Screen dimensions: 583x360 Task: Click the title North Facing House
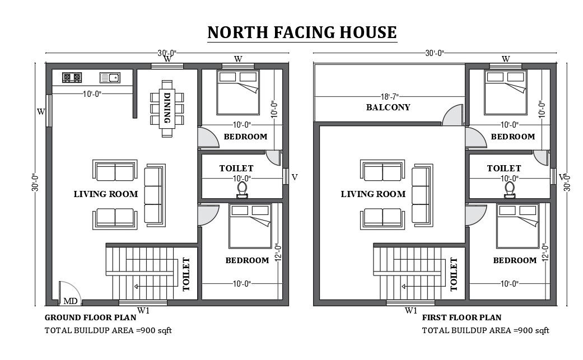point(302,32)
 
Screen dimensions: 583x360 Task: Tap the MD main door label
point(71,301)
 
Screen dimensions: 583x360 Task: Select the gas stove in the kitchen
point(72,78)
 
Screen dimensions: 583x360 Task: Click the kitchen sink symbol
point(110,78)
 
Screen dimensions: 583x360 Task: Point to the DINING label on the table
point(167,108)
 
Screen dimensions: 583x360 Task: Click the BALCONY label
point(388,107)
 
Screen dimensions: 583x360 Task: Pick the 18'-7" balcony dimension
point(389,97)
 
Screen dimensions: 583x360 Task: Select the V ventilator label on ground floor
point(295,177)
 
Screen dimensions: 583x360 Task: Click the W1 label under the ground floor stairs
point(143,311)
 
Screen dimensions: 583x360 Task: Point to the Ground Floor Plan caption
point(90,317)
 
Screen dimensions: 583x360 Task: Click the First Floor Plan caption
point(461,317)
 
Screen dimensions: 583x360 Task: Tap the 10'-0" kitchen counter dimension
point(92,94)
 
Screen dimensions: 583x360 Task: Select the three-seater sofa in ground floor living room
point(155,195)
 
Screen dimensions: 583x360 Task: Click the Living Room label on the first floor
point(373,194)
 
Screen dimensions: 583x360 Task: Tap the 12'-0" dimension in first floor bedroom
point(545,253)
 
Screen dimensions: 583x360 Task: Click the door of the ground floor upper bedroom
point(208,138)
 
